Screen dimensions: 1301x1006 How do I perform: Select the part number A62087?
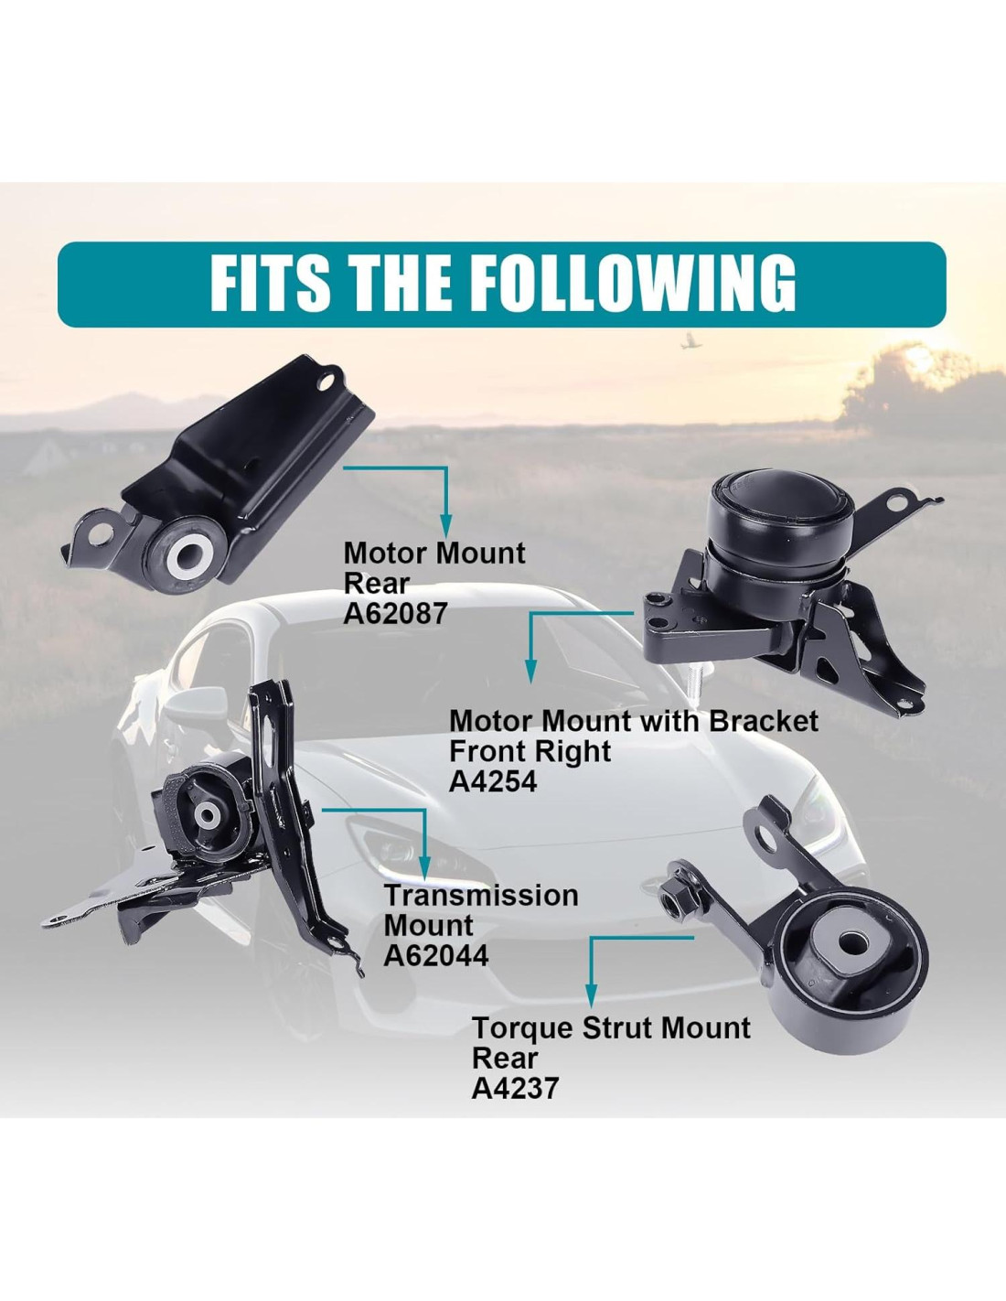pos(395,613)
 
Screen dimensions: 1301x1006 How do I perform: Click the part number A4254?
pos(492,781)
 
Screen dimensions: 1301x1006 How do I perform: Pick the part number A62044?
pos(436,955)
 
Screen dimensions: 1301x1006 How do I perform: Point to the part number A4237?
pos(515,1088)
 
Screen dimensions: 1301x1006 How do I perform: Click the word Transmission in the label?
pos(481,895)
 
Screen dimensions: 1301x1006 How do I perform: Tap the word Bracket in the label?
pos(763,721)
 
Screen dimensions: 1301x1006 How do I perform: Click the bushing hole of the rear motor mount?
pos(190,553)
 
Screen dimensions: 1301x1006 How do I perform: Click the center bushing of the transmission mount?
pos(208,815)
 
